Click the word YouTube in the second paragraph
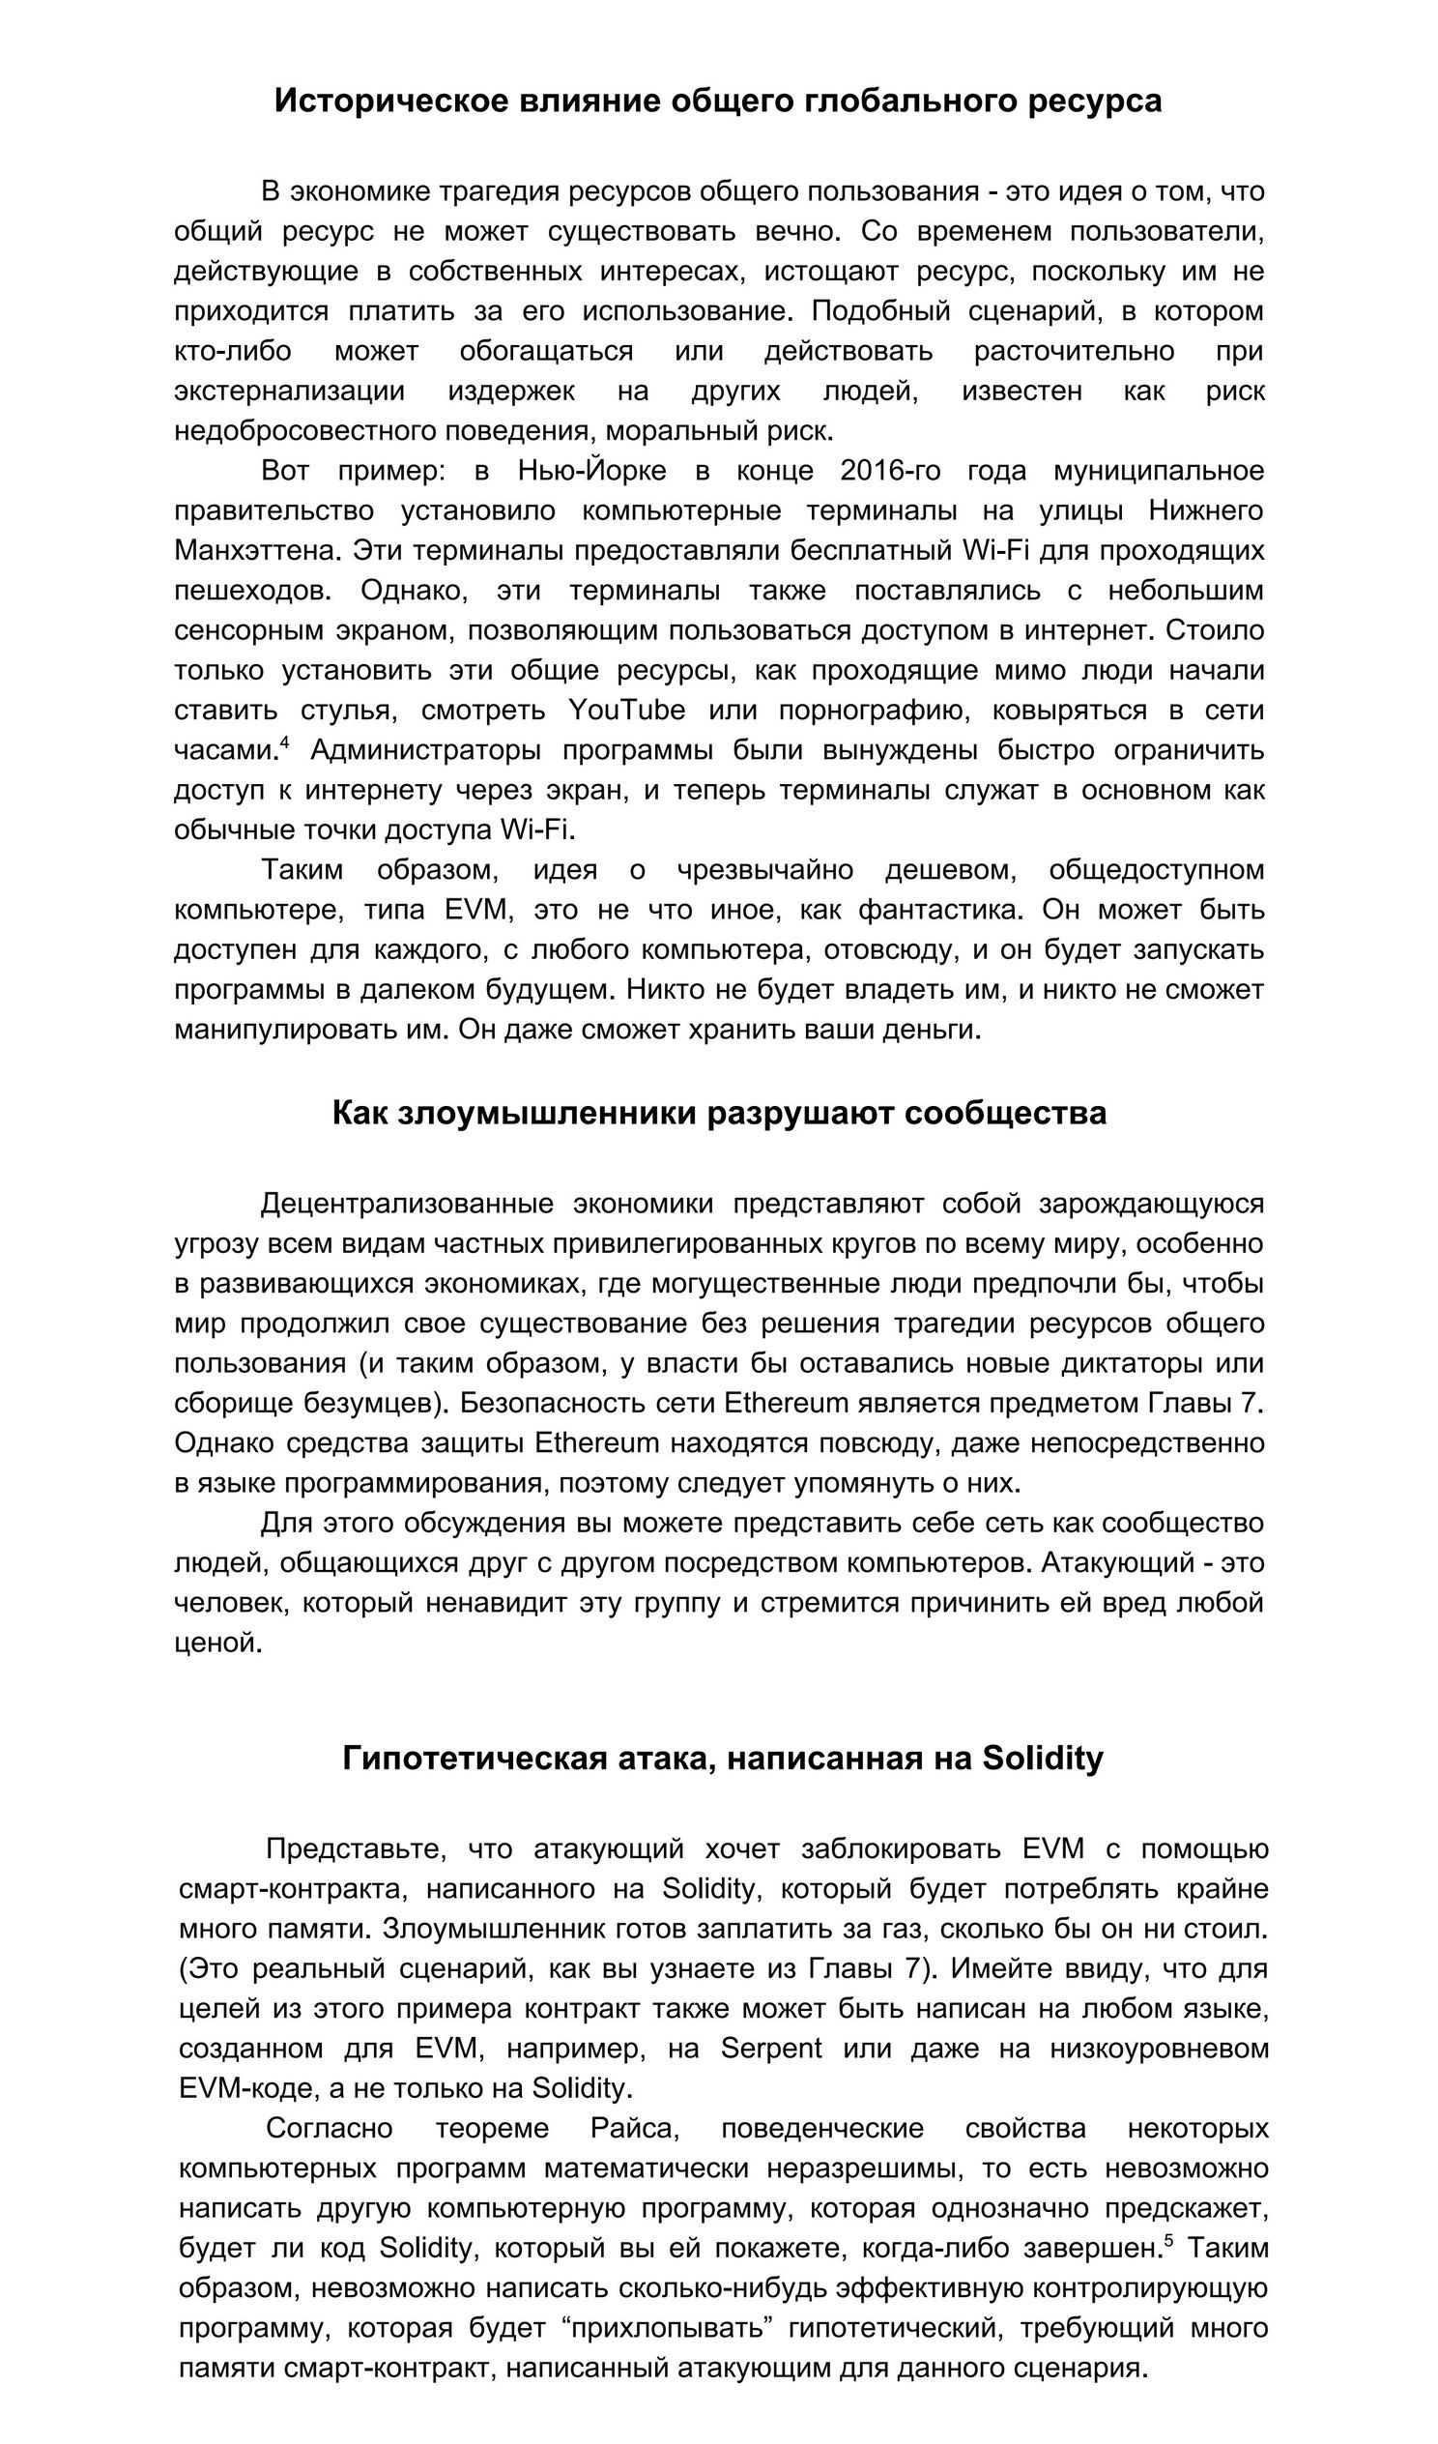coord(625,710)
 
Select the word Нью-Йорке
coord(591,471)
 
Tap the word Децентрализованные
coord(407,1204)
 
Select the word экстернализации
coord(289,391)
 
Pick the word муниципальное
coord(1159,471)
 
